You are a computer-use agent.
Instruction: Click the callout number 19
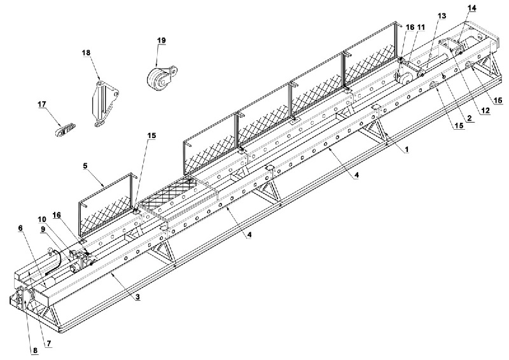point(162,40)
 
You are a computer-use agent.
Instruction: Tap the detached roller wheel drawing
point(162,77)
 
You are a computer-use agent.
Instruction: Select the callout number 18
point(86,53)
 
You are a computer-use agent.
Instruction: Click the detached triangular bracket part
point(104,103)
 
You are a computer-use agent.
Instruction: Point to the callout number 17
point(42,104)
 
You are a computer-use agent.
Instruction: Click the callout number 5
point(85,166)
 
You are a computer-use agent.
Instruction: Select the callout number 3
point(137,296)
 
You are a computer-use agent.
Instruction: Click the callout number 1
point(406,149)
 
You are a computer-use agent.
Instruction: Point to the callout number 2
point(469,118)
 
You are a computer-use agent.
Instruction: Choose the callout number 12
point(485,111)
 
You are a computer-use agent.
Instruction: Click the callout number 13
point(442,15)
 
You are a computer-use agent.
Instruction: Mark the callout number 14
point(471,8)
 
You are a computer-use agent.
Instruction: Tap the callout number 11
point(421,27)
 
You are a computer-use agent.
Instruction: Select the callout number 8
point(35,350)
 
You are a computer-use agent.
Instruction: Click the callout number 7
point(49,343)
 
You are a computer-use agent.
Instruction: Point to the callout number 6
point(20,228)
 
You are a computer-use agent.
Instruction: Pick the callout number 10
point(42,219)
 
